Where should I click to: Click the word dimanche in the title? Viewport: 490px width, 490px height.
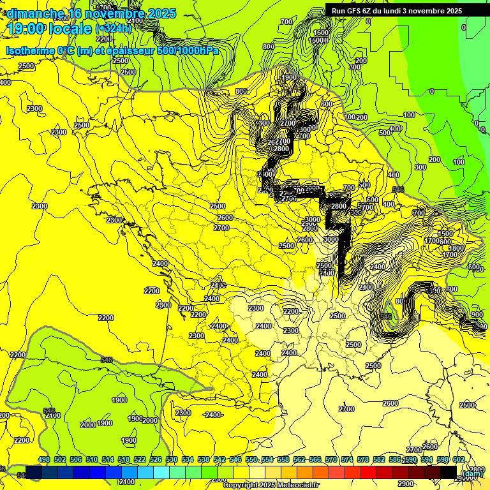point(35,13)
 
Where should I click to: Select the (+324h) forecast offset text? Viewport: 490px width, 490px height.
point(114,29)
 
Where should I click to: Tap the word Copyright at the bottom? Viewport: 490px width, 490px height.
point(240,485)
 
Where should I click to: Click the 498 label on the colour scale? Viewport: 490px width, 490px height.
point(44,460)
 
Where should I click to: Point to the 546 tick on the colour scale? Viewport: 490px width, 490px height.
point(235,460)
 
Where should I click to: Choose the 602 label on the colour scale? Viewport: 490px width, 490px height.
point(459,460)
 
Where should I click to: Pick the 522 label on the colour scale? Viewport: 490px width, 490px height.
point(140,460)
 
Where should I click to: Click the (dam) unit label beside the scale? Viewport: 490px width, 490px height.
point(473,473)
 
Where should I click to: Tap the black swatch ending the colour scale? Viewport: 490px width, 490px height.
point(448,472)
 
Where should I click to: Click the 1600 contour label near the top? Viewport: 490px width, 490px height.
point(321,33)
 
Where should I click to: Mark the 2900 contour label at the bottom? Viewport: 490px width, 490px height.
point(405,466)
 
